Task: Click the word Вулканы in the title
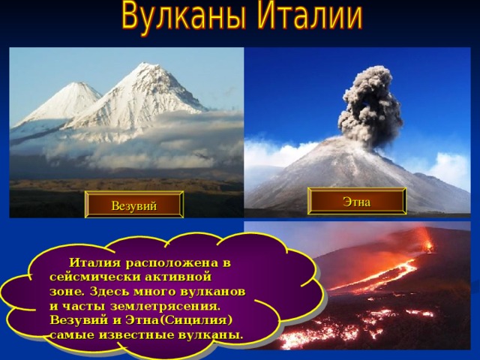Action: point(183,16)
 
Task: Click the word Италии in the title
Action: point(310,16)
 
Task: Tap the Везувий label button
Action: point(134,205)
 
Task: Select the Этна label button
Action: point(357,201)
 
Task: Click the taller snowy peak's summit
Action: point(143,64)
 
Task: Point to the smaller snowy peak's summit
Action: point(80,83)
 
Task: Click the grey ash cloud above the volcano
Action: point(370,106)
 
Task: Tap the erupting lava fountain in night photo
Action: point(427,241)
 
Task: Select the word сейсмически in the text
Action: point(94,277)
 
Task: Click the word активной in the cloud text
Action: point(178,277)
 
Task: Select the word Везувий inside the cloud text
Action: point(79,320)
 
